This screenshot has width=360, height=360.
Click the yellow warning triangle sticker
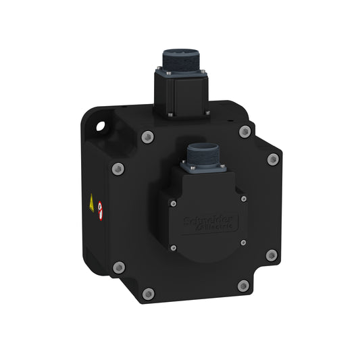coord(92,201)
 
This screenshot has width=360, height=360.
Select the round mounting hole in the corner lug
coord(101,126)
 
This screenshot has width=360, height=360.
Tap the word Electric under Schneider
coord(210,228)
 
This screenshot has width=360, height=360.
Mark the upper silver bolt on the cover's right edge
coord(273,159)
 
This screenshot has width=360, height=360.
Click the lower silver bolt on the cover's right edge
coord(272,255)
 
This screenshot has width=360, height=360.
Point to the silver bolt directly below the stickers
coord(119,266)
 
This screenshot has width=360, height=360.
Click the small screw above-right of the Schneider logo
coord(243,199)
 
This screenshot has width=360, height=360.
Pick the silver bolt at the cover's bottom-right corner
coord(242,286)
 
